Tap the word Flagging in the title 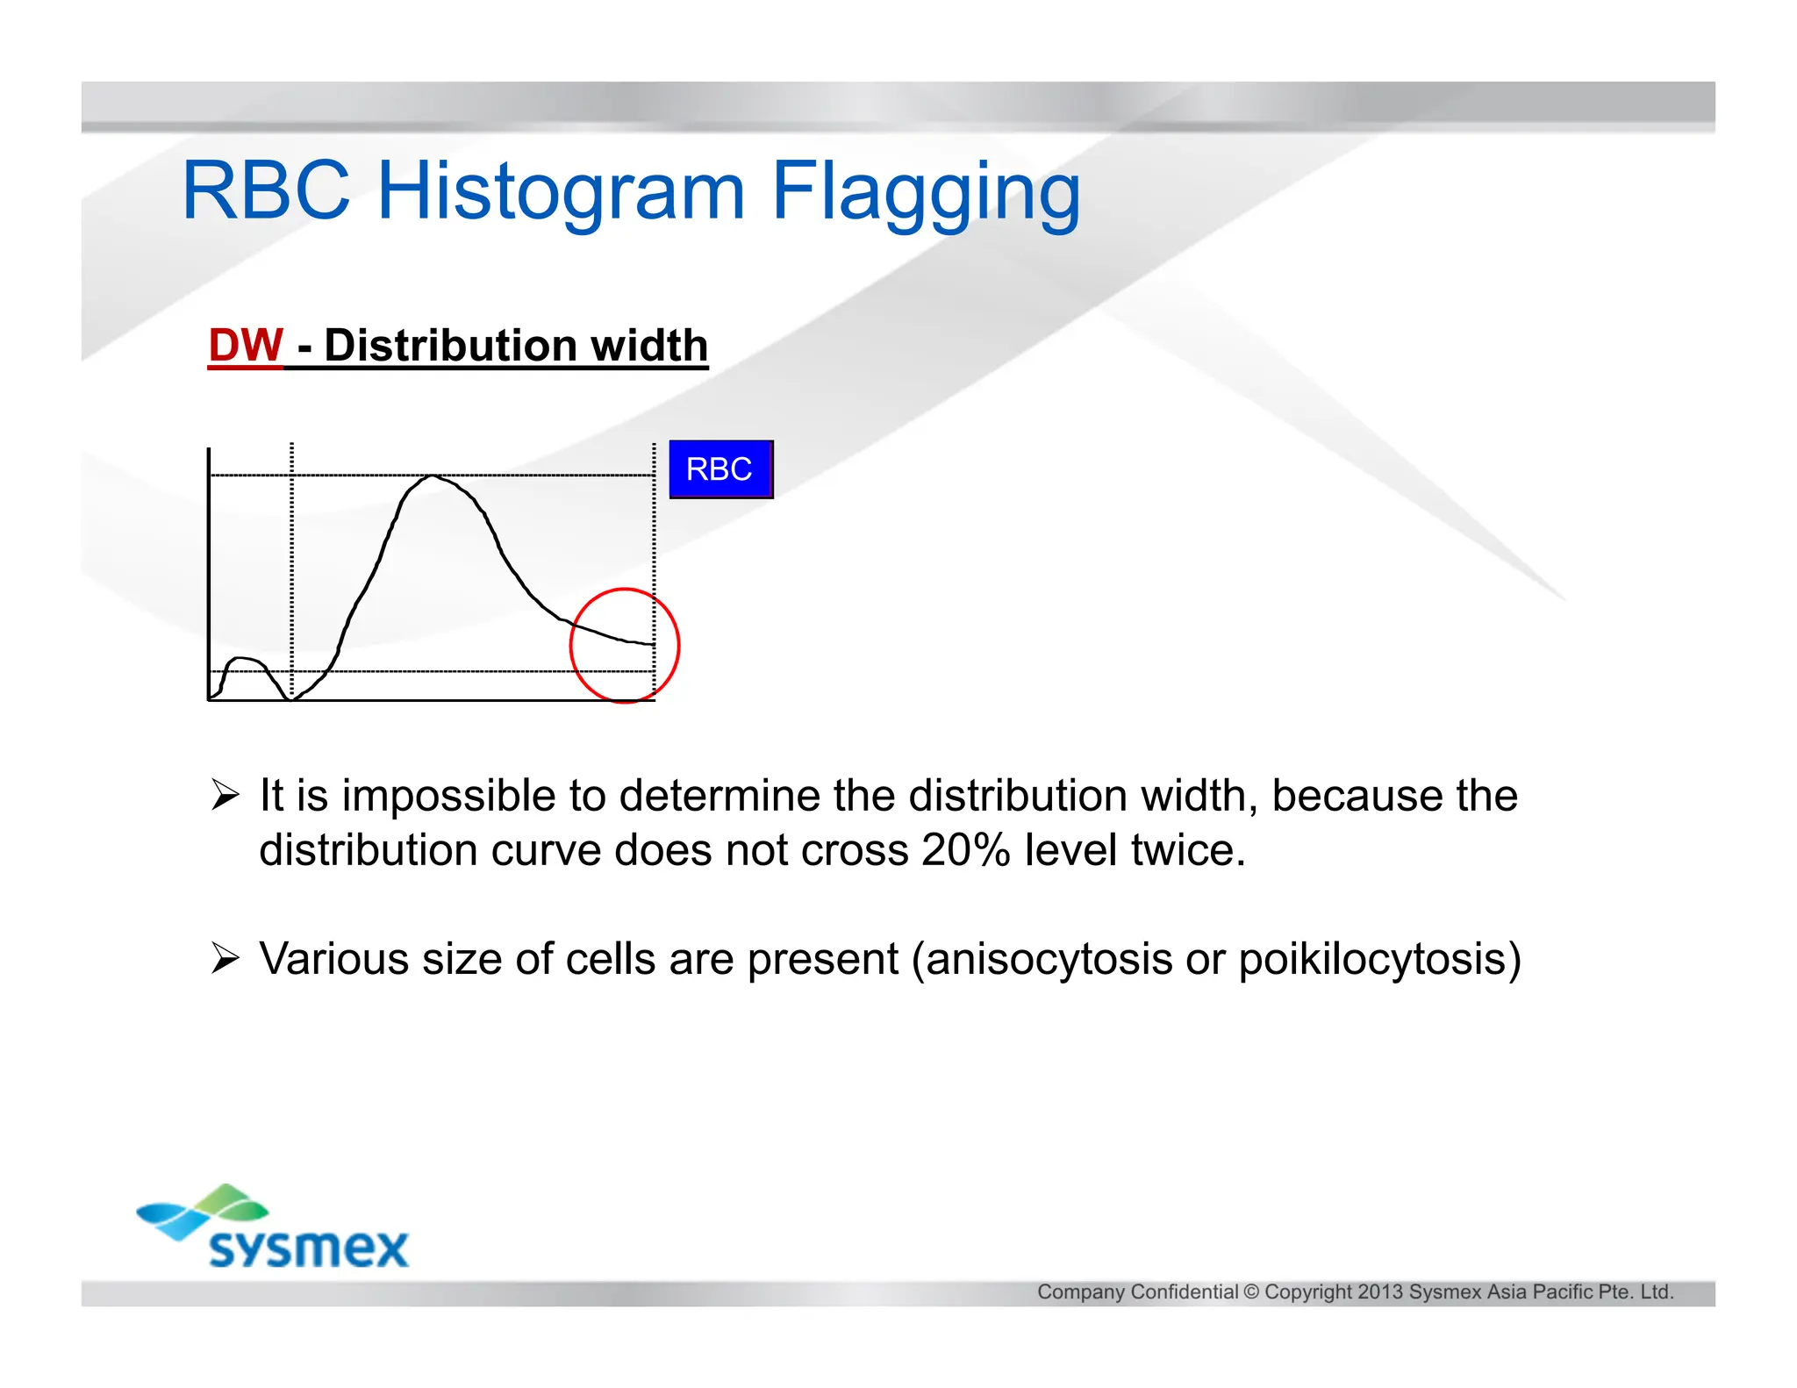pos(925,191)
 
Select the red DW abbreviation pos(246,345)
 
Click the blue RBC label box pos(720,469)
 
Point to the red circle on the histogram pos(625,590)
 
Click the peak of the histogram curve pos(433,476)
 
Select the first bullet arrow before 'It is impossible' pos(226,795)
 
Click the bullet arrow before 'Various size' pos(226,958)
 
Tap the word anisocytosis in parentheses pos(1049,959)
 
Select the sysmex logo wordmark pos(309,1248)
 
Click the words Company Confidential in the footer pos(1137,1291)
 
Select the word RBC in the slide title pos(266,191)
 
